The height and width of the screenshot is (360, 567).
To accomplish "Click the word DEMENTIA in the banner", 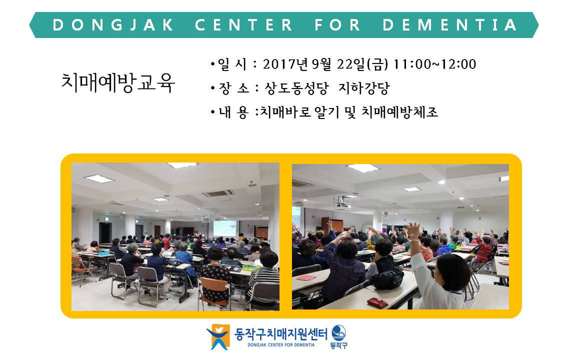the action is (x=449, y=25).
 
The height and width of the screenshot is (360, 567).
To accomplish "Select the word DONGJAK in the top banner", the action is (x=113, y=25).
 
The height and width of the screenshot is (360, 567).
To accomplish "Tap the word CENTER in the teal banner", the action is (x=243, y=25).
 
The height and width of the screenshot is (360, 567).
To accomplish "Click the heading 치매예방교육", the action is (x=118, y=83).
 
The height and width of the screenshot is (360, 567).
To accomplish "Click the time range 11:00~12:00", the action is (x=434, y=64).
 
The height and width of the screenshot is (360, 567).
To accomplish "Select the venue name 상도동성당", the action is (x=296, y=88).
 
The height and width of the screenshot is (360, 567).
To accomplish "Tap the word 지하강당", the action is (x=364, y=88).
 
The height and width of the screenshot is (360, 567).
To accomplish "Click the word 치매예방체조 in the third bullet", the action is (x=399, y=112).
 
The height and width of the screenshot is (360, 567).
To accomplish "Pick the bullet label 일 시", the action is (x=232, y=64).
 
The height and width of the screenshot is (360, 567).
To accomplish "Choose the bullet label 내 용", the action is (x=233, y=112).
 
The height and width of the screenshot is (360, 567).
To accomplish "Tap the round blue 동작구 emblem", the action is (x=339, y=336).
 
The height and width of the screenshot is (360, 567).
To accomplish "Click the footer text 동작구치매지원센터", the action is (x=280, y=333).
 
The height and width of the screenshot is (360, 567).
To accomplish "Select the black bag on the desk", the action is (x=388, y=279).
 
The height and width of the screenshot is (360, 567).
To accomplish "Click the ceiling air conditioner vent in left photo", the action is (x=218, y=193).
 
